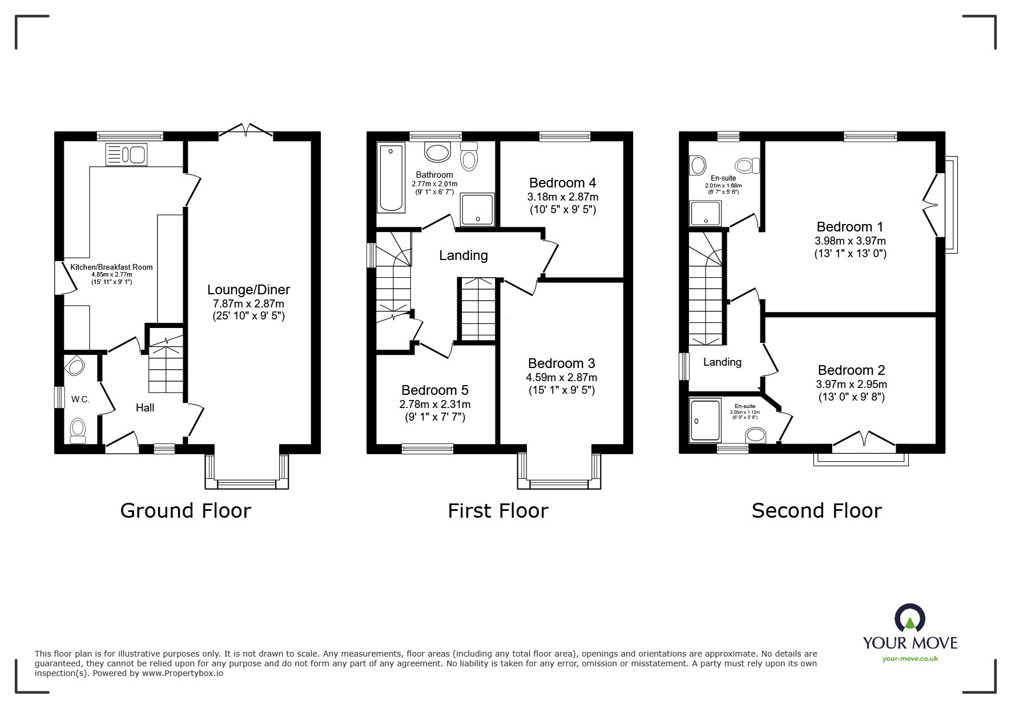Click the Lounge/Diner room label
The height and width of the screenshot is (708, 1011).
pyautogui.click(x=248, y=290)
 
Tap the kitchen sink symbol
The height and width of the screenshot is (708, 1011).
pyautogui.click(x=126, y=155)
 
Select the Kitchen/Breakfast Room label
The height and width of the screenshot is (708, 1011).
pyautogui.click(x=111, y=267)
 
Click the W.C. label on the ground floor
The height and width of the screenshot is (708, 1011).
pyautogui.click(x=80, y=399)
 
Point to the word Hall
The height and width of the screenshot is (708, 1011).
pyautogui.click(x=145, y=407)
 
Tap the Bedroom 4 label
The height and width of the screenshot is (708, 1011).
pyautogui.click(x=562, y=183)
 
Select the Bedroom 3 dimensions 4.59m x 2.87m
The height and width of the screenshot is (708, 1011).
pyautogui.click(x=561, y=377)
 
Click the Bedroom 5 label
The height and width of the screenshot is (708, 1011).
pyautogui.click(x=434, y=390)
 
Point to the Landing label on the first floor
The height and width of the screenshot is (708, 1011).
pyautogui.click(x=463, y=255)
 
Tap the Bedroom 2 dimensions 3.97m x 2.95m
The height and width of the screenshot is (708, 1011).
pyautogui.click(x=851, y=385)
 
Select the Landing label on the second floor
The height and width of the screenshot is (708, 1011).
pyautogui.click(x=722, y=362)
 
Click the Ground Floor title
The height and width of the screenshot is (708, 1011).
pyautogui.click(x=186, y=510)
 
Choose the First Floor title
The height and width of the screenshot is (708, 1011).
pyautogui.click(x=498, y=510)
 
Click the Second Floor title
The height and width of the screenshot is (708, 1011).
pyautogui.click(x=816, y=510)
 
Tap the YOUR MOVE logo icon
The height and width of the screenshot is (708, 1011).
pyautogui.click(x=909, y=619)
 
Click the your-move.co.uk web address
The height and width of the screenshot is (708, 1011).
pyautogui.click(x=910, y=658)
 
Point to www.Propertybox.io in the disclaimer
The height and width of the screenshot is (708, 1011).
pyautogui.click(x=183, y=673)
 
